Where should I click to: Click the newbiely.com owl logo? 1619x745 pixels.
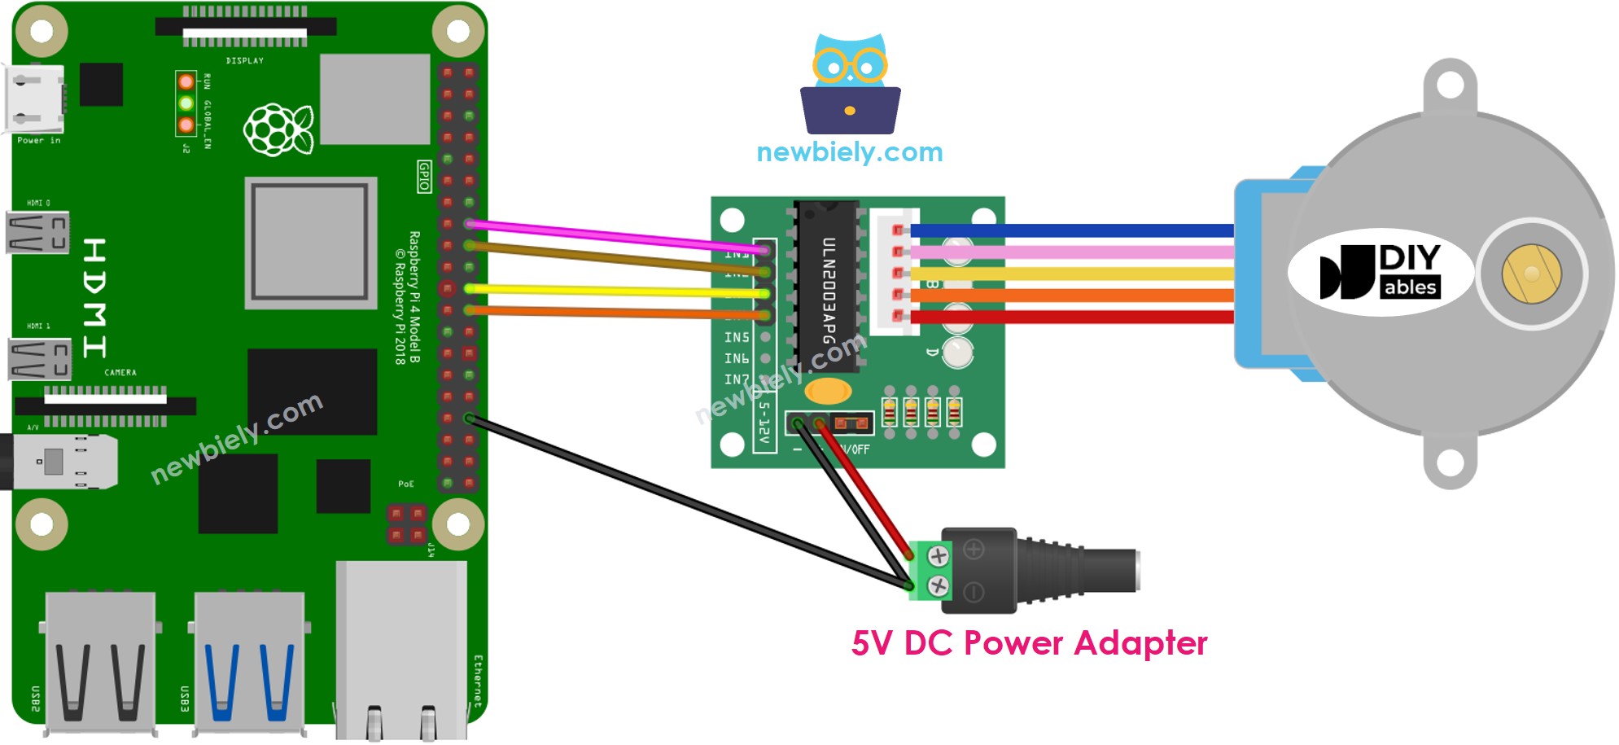[850, 85]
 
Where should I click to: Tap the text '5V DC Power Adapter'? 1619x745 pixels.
[1029, 643]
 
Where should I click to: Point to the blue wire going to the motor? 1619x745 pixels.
[1074, 231]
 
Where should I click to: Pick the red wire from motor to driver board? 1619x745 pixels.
[1074, 317]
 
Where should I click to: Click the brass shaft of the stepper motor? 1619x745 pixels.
[1531, 274]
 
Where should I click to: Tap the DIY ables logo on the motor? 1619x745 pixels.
[1381, 271]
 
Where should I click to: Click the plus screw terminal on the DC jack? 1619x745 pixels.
[939, 556]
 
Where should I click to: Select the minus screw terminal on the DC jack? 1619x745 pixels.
[939, 585]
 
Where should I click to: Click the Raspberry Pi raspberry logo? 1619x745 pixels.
[278, 129]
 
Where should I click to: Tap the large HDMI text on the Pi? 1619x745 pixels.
[95, 298]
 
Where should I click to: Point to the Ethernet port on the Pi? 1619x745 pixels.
[401, 651]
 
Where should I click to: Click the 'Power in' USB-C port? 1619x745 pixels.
[34, 99]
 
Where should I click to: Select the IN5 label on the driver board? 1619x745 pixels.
[737, 337]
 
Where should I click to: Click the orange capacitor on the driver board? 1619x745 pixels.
[828, 392]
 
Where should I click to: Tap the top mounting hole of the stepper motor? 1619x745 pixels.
[1451, 85]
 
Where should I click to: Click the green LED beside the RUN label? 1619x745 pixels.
[186, 103]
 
